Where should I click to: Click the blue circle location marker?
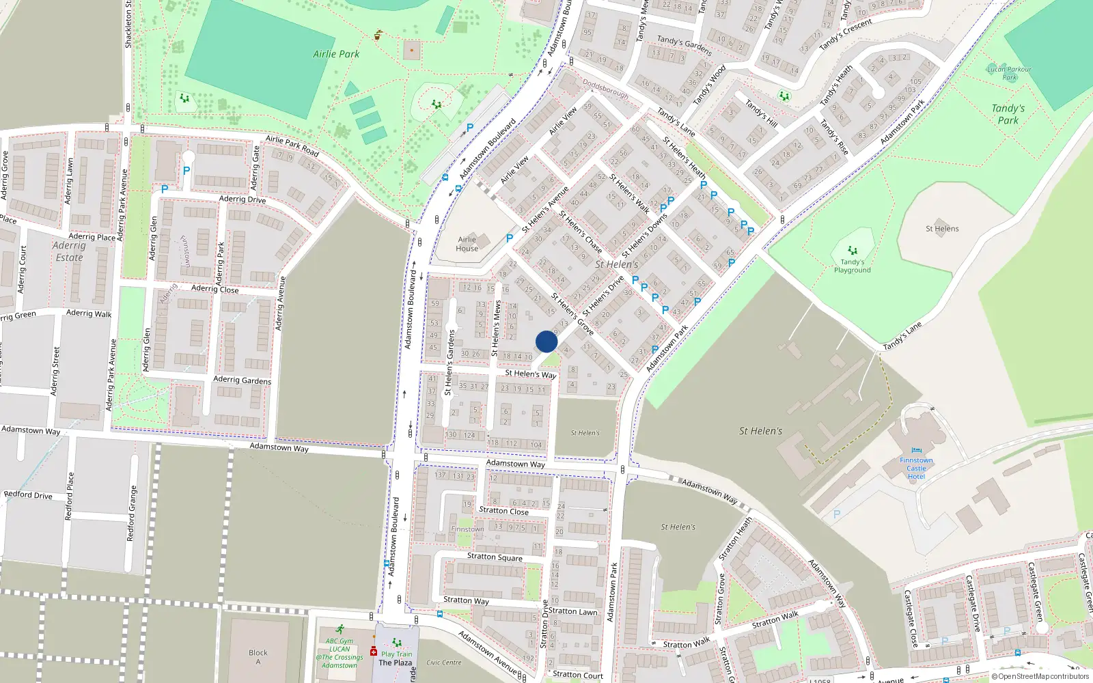[546, 341]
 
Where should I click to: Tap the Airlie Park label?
[336, 54]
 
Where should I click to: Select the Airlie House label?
[467, 244]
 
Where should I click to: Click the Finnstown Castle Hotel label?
[916, 468]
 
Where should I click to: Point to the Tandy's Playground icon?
[852, 251]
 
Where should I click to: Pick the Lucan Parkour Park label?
[1009, 72]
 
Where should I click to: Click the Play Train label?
[396, 654]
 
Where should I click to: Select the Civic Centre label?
[443, 662]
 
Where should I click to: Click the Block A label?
[258, 656]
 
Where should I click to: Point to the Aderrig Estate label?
[69, 251]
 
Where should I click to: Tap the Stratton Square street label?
[495, 557]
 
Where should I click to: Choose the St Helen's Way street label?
[530, 374]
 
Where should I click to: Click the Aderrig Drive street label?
[243, 199]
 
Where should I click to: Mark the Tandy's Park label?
[1008, 114]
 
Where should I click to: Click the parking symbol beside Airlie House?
[509, 238]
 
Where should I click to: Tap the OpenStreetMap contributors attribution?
[1040, 676]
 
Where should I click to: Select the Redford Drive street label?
[28, 494]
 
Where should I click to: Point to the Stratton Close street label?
[503, 510]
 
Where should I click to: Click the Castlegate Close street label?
[911, 618]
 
